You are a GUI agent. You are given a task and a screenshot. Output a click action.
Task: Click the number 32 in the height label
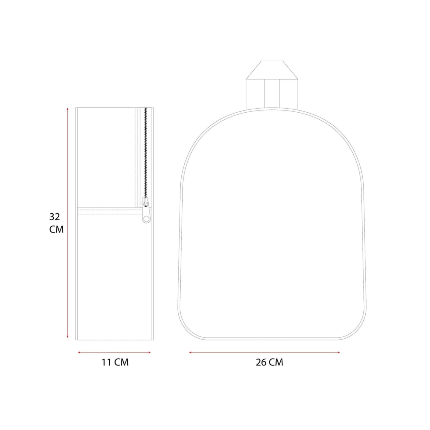[x=55, y=217]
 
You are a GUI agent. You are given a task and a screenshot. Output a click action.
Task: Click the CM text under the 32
[x=56, y=230]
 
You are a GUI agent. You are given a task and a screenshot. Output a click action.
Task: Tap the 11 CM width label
[x=115, y=362]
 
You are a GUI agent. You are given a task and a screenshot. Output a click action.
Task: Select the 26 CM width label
[x=270, y=362]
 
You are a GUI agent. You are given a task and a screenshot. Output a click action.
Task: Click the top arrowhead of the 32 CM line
[x=67, y=109]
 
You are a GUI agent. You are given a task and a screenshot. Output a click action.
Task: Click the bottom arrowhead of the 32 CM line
[x=67, y=337]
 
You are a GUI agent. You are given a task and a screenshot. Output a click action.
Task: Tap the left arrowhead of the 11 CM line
[x=79, y=353]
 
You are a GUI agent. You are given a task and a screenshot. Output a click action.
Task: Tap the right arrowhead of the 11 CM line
[x=149, y=353]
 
